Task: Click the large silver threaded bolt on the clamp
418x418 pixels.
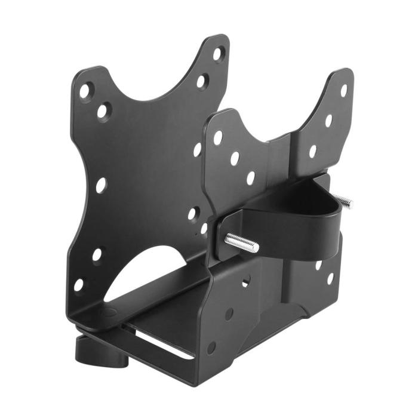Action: click(242, 242)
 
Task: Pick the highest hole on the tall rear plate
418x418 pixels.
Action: click(218, 55)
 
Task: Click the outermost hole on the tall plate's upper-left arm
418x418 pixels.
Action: click(85, 91)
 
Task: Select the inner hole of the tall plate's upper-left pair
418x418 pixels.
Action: click(103, 111)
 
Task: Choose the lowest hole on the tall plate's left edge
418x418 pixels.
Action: click(79, 285)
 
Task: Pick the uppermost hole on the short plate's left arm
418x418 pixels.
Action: click(218, 137)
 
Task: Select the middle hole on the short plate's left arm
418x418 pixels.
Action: click(235, 158)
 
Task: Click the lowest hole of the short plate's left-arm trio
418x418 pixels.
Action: click(250, 177)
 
